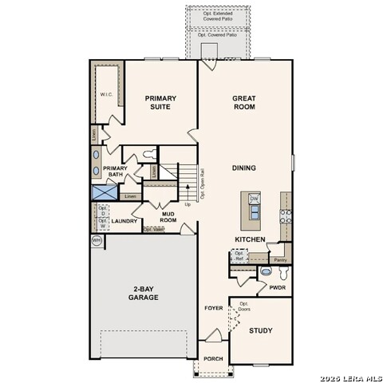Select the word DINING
(x=243, y=168)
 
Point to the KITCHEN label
(x=249, y=239)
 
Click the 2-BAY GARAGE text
(x=144, y=293)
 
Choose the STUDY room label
(x=260, y=330)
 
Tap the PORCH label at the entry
(x=213, y=359)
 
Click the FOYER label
(x=213, y=308)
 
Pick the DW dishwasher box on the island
(x=255, y=199)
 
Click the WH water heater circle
(x=97, y=239)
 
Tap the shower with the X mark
(x=103, y=192)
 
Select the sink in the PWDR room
(x=266, y=272)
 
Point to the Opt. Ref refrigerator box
(x=239, y=256)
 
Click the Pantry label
(x=279, y=259)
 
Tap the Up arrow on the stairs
(x=188, y=204)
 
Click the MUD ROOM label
(x=168, y=215)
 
